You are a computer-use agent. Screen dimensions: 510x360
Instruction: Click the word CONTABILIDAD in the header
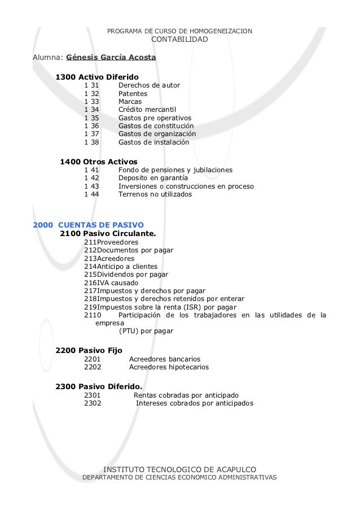[180, 40]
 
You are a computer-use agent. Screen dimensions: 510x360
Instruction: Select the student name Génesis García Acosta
[111, 57]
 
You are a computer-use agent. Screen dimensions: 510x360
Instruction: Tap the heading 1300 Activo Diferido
[97, 76]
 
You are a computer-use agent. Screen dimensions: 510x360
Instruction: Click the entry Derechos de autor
[149, 85]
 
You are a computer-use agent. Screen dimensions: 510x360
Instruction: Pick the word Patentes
[133, 94]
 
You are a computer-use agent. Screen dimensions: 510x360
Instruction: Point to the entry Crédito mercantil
[147, 110]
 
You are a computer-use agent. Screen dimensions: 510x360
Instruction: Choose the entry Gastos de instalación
[153, 142]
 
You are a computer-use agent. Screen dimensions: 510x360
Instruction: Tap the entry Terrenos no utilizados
[155, 194]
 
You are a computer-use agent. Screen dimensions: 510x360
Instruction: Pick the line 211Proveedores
[111, 242]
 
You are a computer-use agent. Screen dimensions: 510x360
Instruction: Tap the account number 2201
[93, 359]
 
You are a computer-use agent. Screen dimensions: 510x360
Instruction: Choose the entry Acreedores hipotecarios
[169, 367]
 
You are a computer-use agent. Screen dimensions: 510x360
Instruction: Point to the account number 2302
[93, 403]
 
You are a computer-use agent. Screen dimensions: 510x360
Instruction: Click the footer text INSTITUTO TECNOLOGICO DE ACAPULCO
[180, 469]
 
